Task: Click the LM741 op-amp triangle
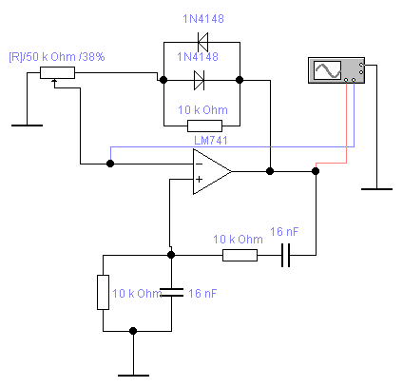tap(212, 171)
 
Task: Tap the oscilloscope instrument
tap(336, 70)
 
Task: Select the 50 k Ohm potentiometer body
tap(57, 72)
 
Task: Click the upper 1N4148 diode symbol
tap(202, 42)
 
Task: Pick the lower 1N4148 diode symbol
tap(200, 80)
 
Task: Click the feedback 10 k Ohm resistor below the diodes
tap(204, 126)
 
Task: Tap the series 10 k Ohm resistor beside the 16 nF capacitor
tap(240, 255)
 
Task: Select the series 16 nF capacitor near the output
tap(285, 255)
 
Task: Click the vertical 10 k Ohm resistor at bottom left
tap(103, 292)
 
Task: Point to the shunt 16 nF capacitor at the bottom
tap(171, 292)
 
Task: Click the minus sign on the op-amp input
tap(199, 164)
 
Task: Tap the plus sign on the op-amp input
tap(199, 180)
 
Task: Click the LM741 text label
tap(211, 141)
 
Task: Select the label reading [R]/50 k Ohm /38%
tap(57, 57)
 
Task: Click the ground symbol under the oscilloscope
tap(376, 189)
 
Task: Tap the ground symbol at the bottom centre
tap(133, 376)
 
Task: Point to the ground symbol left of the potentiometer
tap(27, 126)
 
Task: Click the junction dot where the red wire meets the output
tap(316, 171)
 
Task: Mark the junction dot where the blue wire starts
tap(110, 164)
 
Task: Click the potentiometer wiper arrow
tap(54, 82)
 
